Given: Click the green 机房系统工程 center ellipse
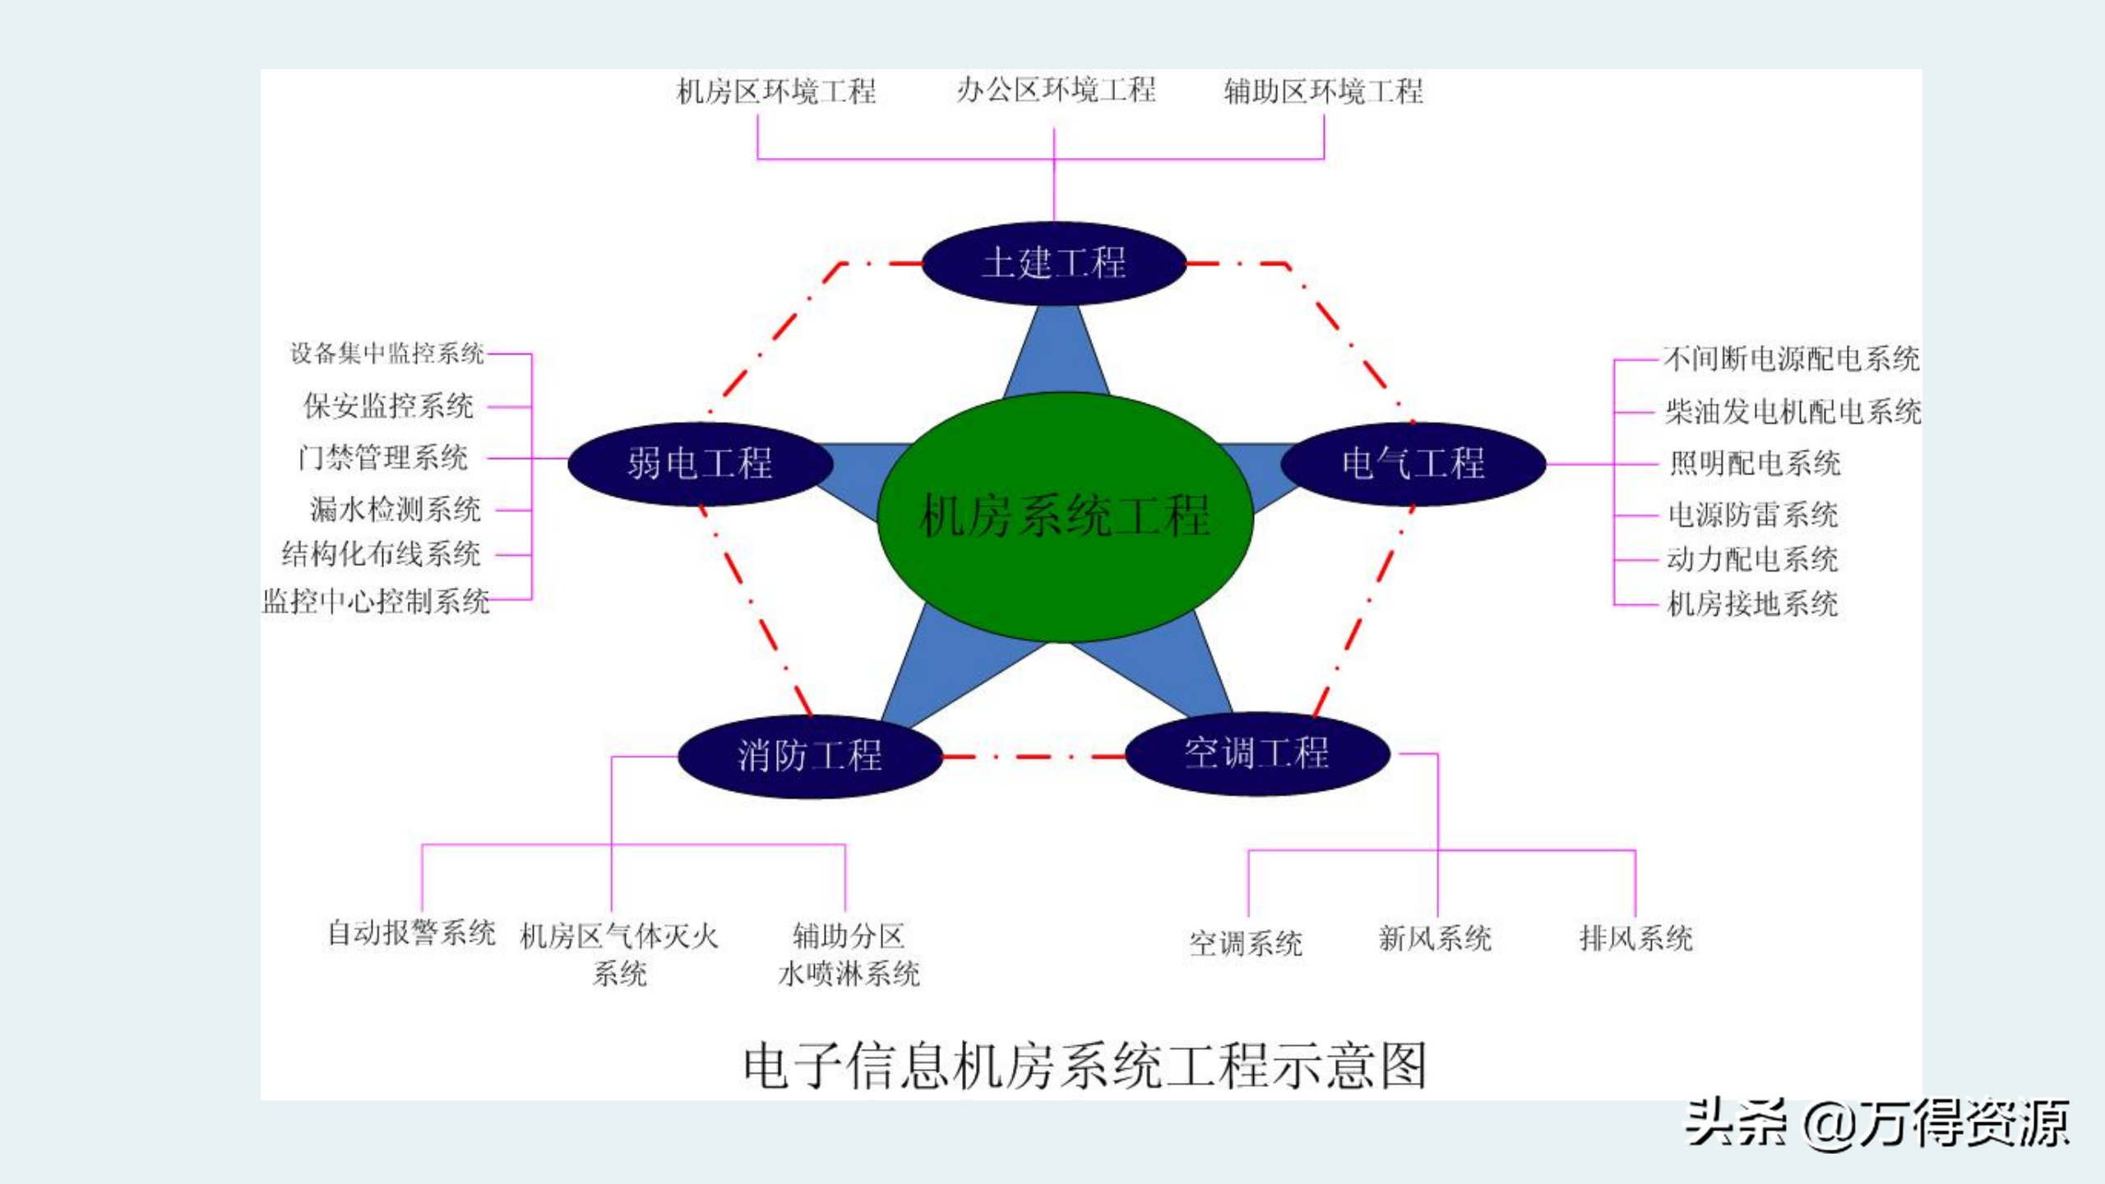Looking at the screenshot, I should pos(1065,516).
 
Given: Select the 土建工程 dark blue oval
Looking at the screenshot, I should pos(1053,263).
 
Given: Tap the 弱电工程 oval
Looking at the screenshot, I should pos(700,463).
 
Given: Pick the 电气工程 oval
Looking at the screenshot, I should pos(1413,463).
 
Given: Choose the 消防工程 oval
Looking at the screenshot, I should pos(809,756).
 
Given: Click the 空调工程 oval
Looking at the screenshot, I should pos(1256,753).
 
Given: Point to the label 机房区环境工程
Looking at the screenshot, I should pos(775,91).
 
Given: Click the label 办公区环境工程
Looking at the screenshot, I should pos(1056,90).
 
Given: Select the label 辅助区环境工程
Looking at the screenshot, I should pos(1323,91).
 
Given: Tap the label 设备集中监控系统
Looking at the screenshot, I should pos(386,354).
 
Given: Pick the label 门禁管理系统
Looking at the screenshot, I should pos(383,458).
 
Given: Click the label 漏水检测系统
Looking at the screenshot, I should pos(395,510).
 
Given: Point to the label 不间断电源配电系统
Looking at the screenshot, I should pos(1791,358).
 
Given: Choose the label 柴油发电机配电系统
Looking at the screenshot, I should pos(1793,411).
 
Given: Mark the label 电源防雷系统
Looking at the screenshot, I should pos(1752,515).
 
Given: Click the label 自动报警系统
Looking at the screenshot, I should pos(411,933).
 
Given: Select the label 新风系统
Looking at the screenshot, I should pos(1435,938).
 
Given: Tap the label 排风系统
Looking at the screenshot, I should pos(1635,938).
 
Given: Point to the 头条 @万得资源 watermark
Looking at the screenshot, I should pos(1876,1124).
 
